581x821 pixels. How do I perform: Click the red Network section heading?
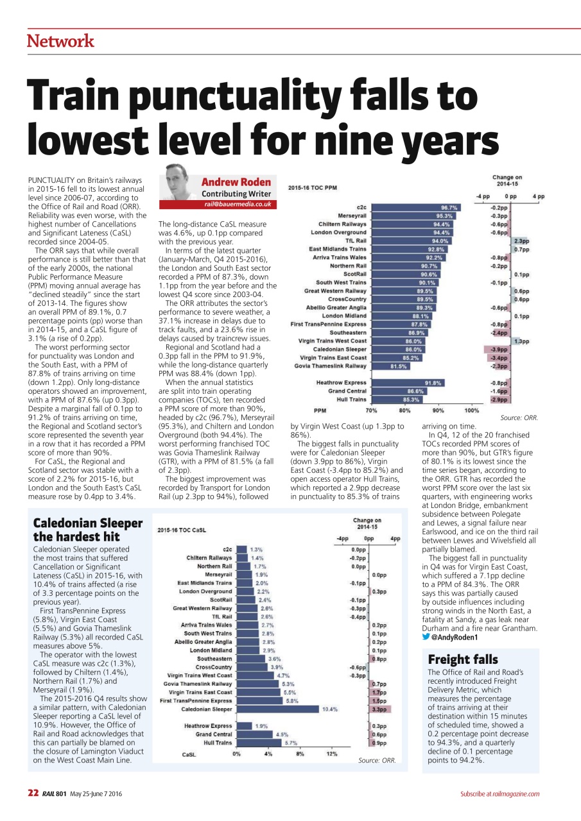coord(60,41)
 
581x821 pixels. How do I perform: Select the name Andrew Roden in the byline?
coord(236,182)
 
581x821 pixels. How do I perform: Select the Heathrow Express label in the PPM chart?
coord(342,383)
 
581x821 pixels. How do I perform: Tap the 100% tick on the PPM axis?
coord(471,410)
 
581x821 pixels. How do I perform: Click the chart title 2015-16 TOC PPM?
coord(313,188)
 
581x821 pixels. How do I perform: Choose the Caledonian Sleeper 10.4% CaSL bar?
coord(277,709)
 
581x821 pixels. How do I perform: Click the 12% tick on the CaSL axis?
coord(332,754)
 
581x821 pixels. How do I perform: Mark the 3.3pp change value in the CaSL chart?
coord(378,709)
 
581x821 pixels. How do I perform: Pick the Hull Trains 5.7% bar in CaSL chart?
coord(259,743)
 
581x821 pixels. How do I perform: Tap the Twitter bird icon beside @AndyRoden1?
coord(426,638)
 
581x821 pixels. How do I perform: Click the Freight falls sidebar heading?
coord(453,659)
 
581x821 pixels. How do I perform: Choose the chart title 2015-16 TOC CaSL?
coord(182,530)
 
